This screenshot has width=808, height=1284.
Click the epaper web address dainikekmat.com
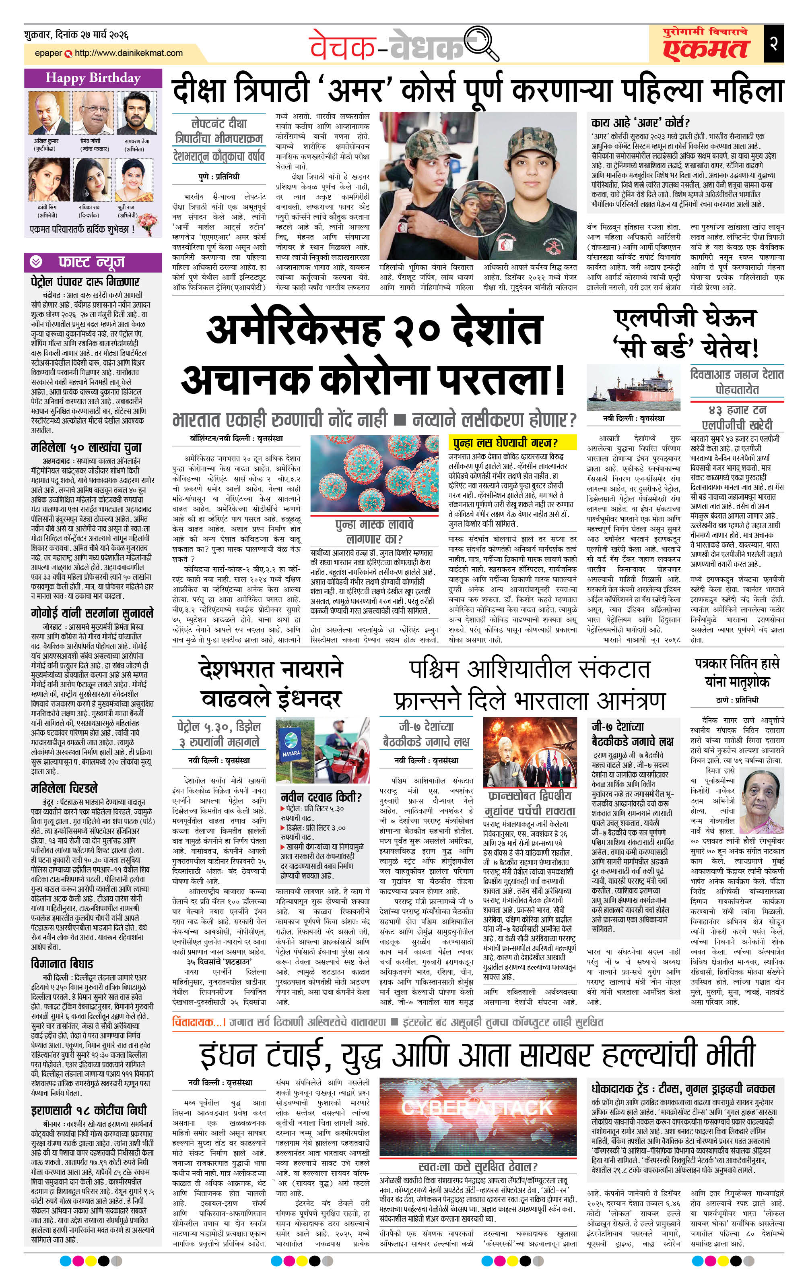128,53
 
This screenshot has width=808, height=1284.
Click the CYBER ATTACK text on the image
476,1107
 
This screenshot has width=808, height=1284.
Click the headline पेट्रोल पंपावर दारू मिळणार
85,281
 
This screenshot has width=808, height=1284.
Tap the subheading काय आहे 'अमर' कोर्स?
640,122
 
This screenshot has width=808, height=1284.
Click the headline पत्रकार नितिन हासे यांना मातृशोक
737,672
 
